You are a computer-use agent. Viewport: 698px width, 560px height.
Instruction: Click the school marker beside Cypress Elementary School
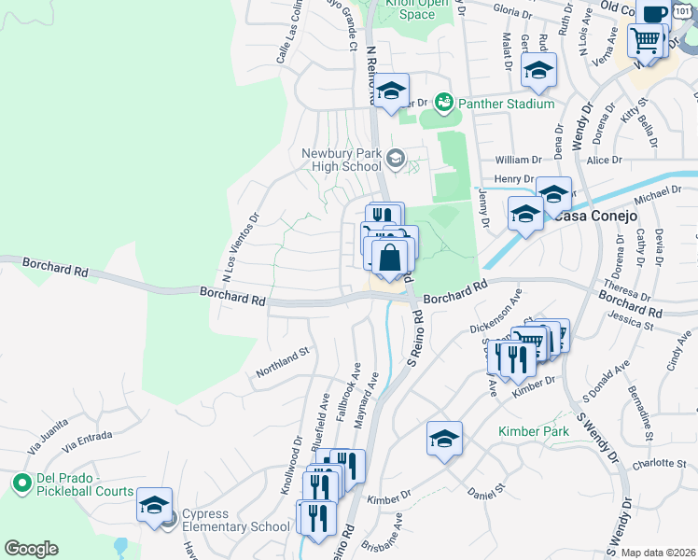click(x=154, y=506)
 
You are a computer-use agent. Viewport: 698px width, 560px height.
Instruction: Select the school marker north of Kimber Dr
click(x=444, y=439)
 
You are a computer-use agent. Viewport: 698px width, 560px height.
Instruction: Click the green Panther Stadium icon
click(x=443, y=99)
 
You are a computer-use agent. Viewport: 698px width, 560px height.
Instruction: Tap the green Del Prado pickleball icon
click(x=21, y=483)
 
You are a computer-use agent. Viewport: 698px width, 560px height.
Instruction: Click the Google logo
click(x=31, y=548)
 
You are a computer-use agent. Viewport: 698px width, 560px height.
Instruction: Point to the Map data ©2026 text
click(x=659, y=553)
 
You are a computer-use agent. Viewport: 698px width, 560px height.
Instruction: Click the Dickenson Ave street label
click(x=495, y=315)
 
